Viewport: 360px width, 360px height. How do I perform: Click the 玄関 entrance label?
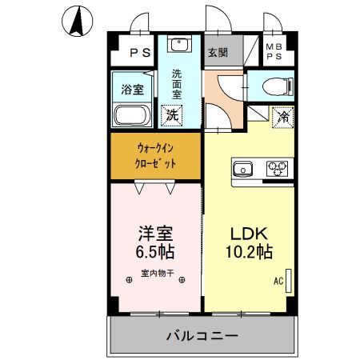click(218, 54)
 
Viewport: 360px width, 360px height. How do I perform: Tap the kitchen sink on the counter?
click(243, 169)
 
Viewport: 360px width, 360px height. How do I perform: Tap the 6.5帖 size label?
click(155, 252)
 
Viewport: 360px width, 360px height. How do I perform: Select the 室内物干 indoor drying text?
click(157, 273)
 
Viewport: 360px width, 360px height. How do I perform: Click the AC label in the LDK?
click(278, 282)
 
